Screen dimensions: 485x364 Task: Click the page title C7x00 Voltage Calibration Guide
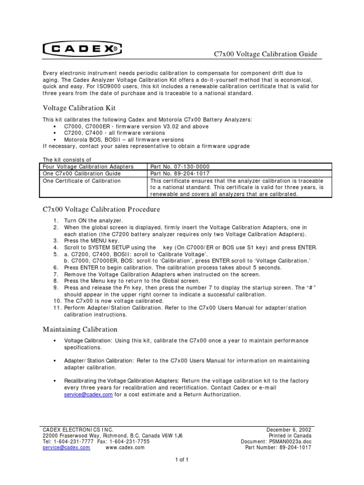[x=266, y=54]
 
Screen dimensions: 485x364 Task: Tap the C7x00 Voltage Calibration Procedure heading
[x=101, y=209]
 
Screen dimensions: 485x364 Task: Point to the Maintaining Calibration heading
[x=80, y=329]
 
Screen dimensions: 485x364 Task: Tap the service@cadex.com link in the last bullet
[x=88, y=394]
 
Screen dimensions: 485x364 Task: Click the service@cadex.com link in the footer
[x=66, y=448]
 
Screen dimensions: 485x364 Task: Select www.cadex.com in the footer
[x=125, y=448]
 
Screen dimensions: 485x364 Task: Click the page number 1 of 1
[x=182, y=459]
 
